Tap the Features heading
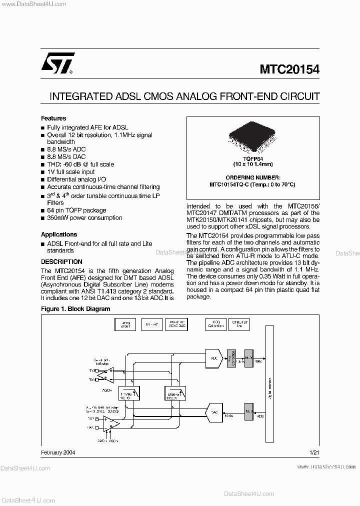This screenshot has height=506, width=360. [53, 118]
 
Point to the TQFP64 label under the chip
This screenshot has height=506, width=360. [252, 158]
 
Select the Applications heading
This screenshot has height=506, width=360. [59, 234]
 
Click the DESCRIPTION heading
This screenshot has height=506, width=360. [61, 261]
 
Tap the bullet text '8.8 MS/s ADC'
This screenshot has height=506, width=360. [66, 149]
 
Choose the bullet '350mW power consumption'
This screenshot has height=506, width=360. [84, 218]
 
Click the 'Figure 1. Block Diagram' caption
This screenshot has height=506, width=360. [75, 309]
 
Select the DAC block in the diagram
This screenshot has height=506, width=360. [213, 412]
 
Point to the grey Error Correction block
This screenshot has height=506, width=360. [231, 358]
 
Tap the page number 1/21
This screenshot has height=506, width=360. [314, 452]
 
